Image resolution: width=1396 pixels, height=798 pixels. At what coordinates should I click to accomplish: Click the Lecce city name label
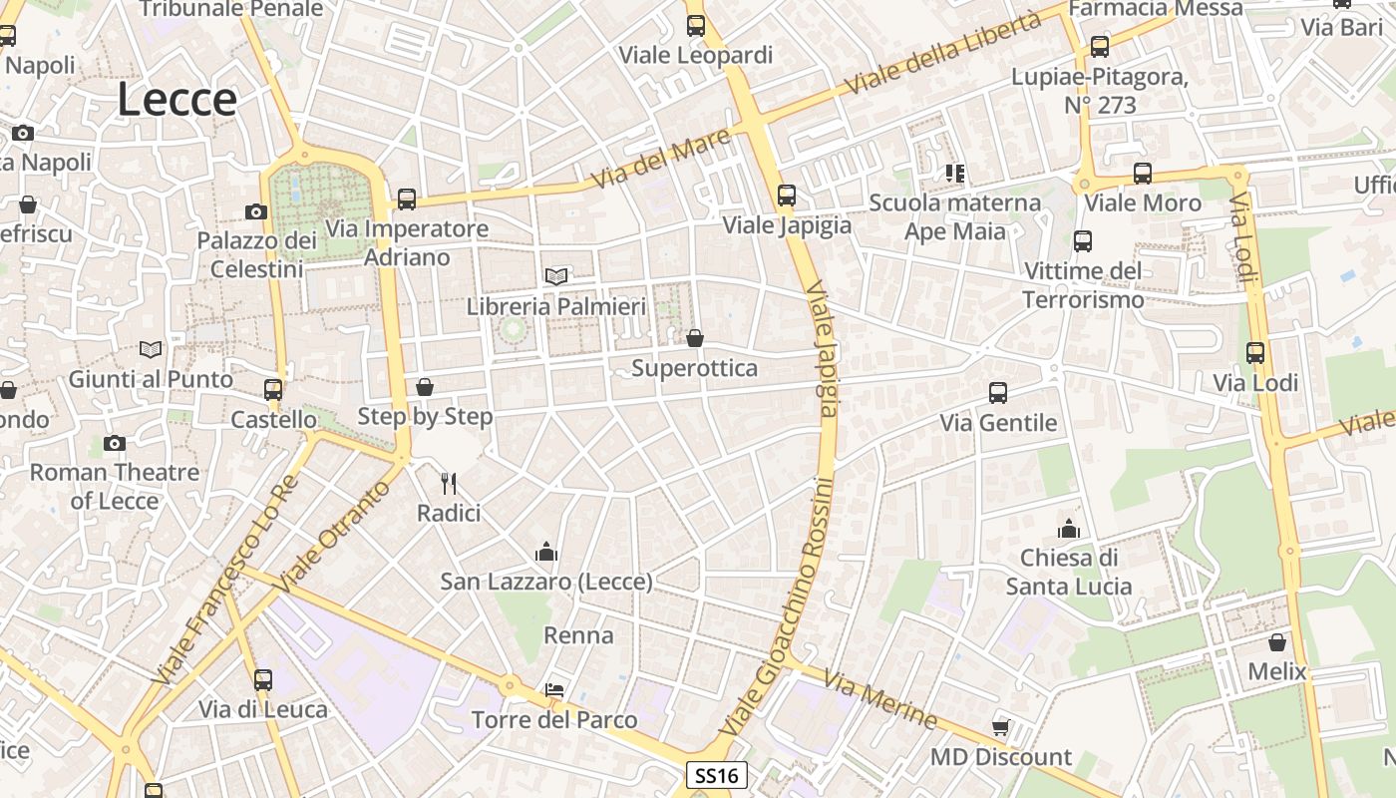(x=177, y=100)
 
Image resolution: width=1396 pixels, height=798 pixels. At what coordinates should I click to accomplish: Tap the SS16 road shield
(x=717, y=775)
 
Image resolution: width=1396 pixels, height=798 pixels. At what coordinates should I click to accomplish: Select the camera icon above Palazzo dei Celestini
(x=256, y=211)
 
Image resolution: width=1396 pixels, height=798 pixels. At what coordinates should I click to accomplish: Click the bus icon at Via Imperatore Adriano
(x=407, y=199)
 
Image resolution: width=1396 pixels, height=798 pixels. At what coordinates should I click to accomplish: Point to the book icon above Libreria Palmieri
(x=556, y=276)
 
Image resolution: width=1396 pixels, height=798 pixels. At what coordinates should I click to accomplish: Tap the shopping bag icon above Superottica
(x=695, y=339)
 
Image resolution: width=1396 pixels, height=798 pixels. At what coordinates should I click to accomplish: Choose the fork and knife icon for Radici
(x=449, y=484)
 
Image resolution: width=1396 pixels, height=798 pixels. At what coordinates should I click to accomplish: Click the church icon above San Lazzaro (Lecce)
(x=546, y=552)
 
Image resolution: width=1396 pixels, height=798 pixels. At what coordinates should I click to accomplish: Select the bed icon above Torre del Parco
(x=554, y=690)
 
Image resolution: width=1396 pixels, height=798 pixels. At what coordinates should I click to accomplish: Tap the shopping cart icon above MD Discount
(x=1000, y=728)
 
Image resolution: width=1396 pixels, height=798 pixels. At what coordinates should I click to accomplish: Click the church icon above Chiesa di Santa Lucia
(x=1069, y=528)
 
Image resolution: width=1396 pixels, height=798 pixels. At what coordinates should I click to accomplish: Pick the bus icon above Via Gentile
(x=998, y=393)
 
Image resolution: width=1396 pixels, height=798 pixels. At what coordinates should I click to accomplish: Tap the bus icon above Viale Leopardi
(x=696, y=26)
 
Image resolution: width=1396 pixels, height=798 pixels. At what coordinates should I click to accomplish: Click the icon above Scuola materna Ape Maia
(x=955, y=174)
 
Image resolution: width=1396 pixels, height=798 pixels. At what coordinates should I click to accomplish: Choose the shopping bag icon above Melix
(x=1277, y=642)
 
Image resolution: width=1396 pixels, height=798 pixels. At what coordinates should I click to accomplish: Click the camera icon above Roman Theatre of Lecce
(x=115, y=443)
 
